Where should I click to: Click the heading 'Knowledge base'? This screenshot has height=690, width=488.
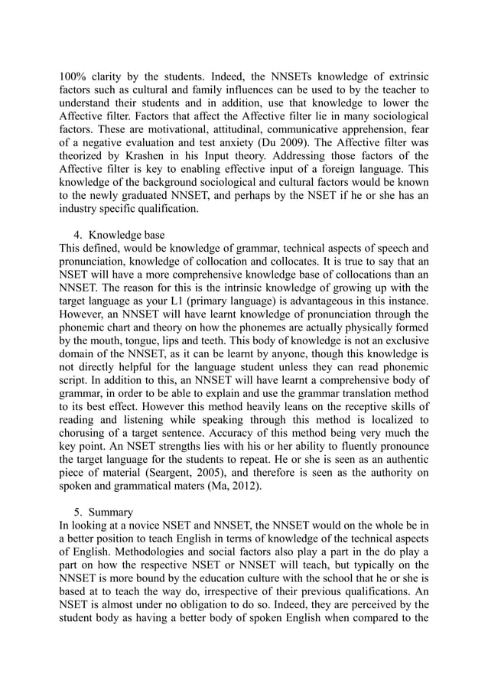pos(125,233)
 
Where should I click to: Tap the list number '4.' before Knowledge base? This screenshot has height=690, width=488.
pos(78,233)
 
